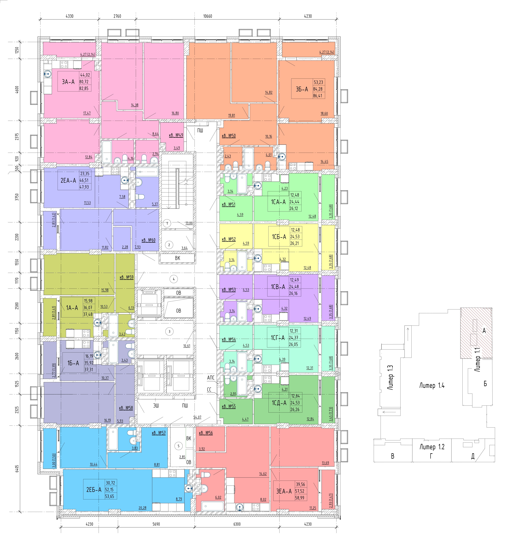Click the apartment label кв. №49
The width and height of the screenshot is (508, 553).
(x=176, y=135)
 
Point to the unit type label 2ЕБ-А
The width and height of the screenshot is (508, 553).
(x=94, y=490)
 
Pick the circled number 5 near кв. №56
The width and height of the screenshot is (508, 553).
(x=178, y=446)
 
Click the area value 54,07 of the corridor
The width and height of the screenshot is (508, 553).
(x=197, y=417)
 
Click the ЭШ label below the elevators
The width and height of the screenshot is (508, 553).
(x=156, y=405)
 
